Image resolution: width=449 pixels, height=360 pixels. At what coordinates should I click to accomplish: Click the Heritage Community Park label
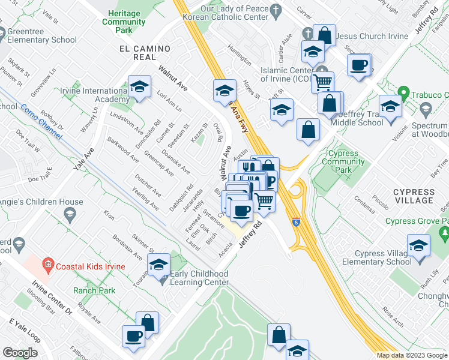click(124, 22)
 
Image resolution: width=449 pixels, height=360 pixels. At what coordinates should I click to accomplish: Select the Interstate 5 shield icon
click(296, 222)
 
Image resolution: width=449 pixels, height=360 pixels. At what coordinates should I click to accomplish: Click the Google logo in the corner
click(20, 353)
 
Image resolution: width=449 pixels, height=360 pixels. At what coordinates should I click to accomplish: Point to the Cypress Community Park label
click(343, 161)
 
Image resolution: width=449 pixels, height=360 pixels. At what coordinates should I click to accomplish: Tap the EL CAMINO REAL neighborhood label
click(138, 52)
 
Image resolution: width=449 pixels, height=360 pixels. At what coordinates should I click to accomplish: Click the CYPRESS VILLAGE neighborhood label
click(414, 196)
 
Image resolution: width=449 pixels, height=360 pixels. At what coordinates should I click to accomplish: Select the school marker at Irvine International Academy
click(139, 88)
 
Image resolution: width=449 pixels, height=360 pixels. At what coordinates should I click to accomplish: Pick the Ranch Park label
click(94, 290)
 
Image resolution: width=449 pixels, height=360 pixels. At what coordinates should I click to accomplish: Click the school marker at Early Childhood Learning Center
click(158, 264)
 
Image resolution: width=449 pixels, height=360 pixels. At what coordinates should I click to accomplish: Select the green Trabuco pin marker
click(403, 94)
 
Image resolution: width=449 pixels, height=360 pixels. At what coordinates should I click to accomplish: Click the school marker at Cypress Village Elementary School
click(418, 246)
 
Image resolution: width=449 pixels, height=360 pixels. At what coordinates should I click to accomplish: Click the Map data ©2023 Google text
click(411, 355)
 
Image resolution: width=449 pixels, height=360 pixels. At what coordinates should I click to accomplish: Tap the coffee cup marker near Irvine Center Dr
click(133, 337)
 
